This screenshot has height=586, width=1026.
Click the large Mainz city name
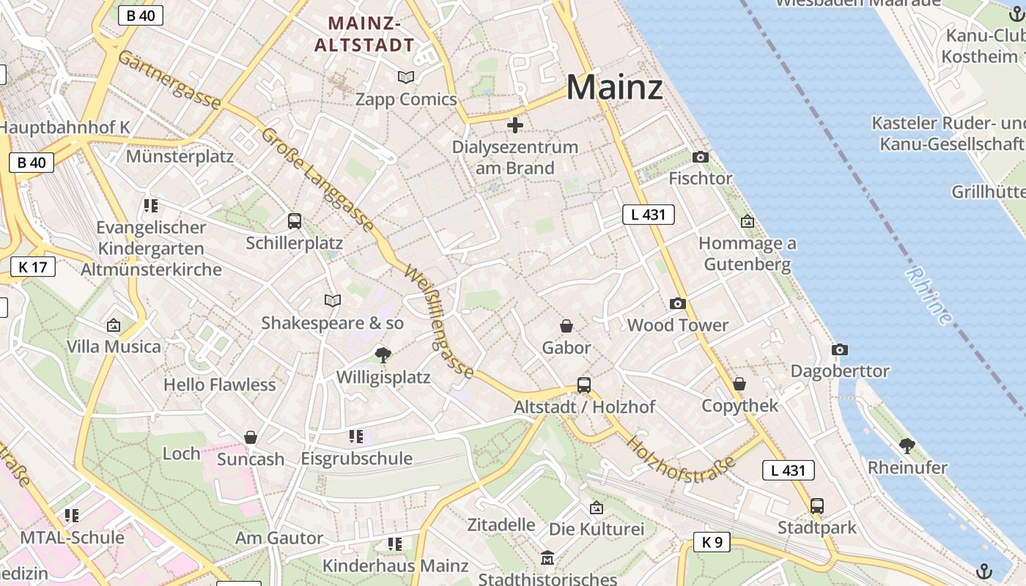click(614, 87)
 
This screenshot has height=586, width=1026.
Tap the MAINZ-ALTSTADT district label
click(364, 34)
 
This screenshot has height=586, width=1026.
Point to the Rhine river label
click(929, 295)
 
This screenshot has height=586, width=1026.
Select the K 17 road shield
click(33, 267)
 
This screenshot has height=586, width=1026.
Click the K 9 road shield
click(712, 542)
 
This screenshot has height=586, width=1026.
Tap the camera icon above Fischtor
click(700, 157)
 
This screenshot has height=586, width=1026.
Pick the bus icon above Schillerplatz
click(295, 220)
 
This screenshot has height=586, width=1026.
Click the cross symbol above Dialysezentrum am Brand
click(515, 125)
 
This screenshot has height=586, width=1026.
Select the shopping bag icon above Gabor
click(566, 325)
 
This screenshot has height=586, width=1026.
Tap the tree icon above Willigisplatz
click(383, 356)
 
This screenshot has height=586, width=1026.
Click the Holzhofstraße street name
click(681, 460)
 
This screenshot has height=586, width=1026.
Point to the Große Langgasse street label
click(317, 180)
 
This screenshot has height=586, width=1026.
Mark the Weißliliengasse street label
click(438, 322)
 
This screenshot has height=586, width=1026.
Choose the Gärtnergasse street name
click(169, 80)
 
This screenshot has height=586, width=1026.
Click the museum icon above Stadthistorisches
click(547, 559)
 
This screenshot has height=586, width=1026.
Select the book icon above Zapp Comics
click(405, 77)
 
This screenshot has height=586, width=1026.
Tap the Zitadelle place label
click(501, 524)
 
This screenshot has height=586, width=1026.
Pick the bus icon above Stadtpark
click(816, 505)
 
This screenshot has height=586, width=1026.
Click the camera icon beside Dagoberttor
click(840, 350)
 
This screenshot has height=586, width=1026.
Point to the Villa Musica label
click(114, 346)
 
